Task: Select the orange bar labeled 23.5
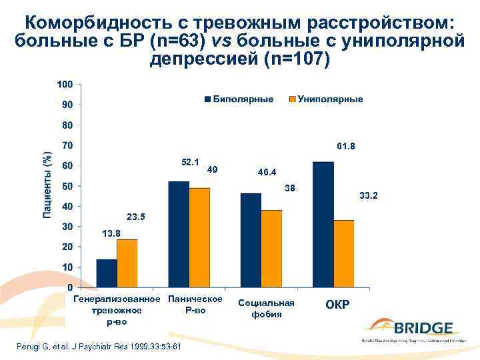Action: [x=127, y=263]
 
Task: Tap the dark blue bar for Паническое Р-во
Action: [x=179, y=234]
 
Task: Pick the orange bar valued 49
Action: [x=199, y=237]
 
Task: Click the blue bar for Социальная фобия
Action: [x=251, y=240]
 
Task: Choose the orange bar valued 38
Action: [x=271, y=249]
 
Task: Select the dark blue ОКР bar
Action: [x=323, y=224]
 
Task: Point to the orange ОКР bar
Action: [x=343, y=253]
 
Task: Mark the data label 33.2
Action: [x=368, y=196]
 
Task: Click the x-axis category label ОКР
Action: [x=337, y=305]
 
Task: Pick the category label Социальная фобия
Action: [x=266, y=309]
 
